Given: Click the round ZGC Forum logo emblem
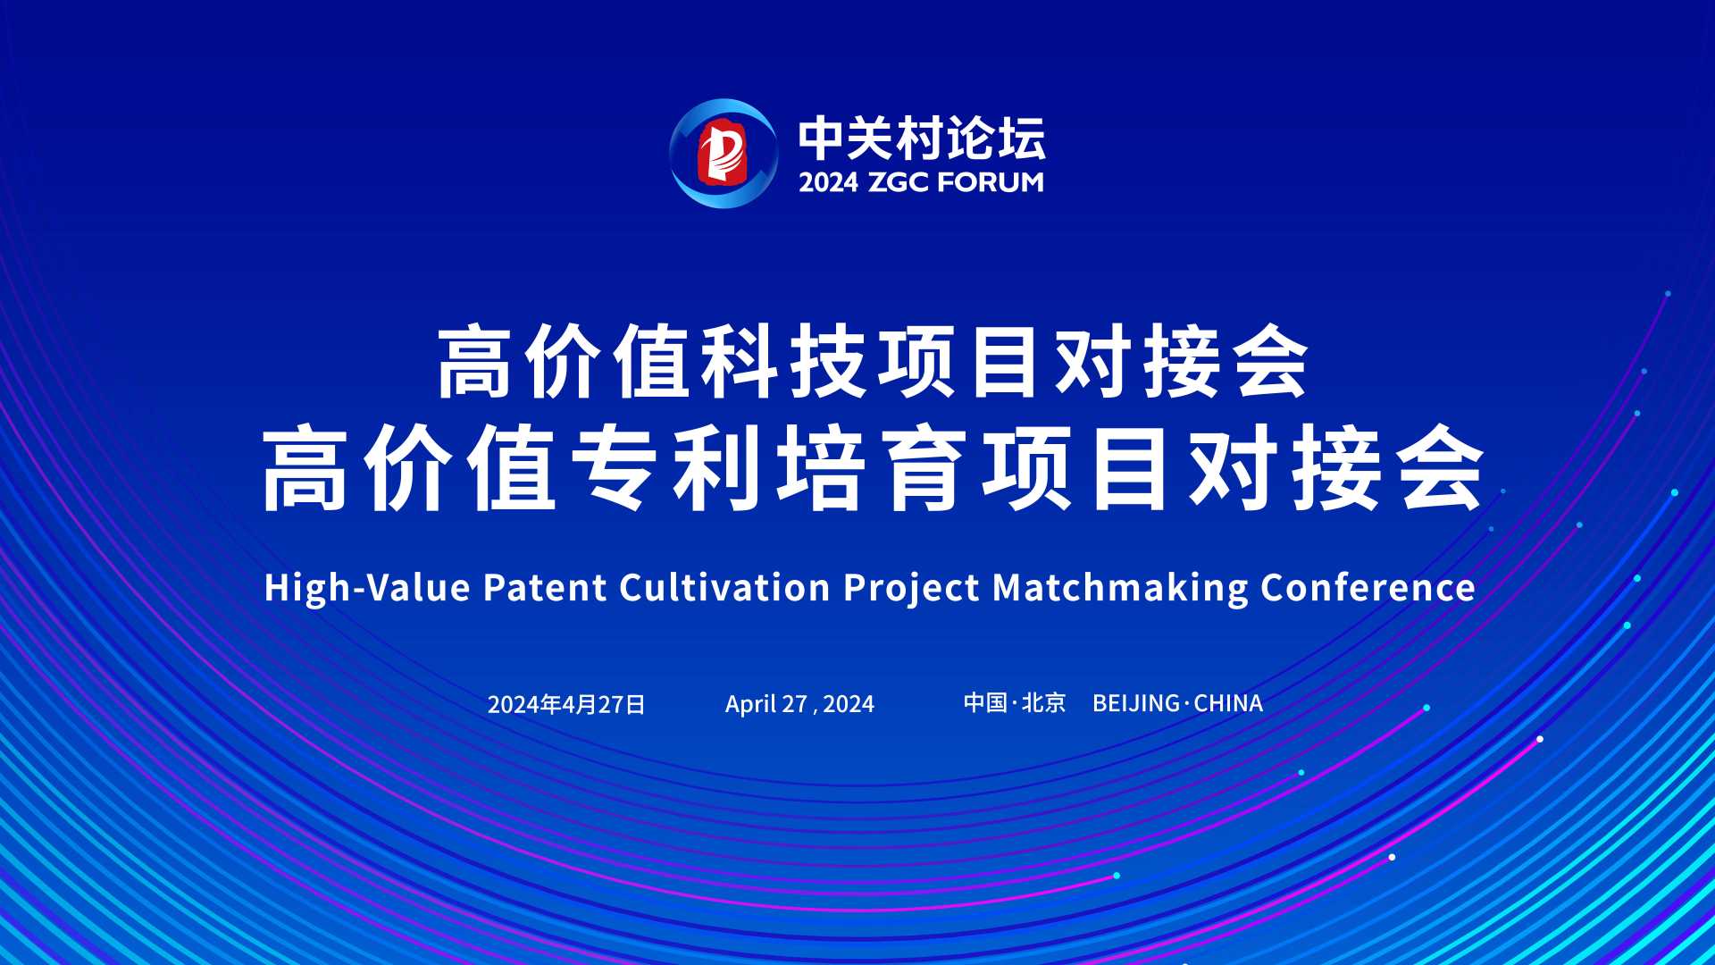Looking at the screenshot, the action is [x=724, y=154].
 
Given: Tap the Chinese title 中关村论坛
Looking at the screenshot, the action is [x=921, y=138].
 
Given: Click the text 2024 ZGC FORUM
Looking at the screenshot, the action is [x=921, y=182].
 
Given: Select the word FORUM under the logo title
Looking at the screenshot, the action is [x=987, y=182].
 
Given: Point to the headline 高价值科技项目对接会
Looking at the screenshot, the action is [x=873, y=363].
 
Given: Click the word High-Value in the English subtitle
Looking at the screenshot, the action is [x=367, y=588].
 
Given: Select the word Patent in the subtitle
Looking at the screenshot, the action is [x=545, y=588].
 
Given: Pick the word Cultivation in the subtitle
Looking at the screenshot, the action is [x=724, y=588].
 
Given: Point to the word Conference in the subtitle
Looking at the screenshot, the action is [x=1368, y=588].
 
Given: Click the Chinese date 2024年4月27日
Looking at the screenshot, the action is [x=566, y=705].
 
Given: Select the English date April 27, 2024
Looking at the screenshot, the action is [x=799, y=704].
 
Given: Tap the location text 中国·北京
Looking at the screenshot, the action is [x=1015, y=703].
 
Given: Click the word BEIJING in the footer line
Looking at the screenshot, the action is [x=1136, y=704].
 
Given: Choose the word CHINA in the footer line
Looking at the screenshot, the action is [x=1228, y=704].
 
